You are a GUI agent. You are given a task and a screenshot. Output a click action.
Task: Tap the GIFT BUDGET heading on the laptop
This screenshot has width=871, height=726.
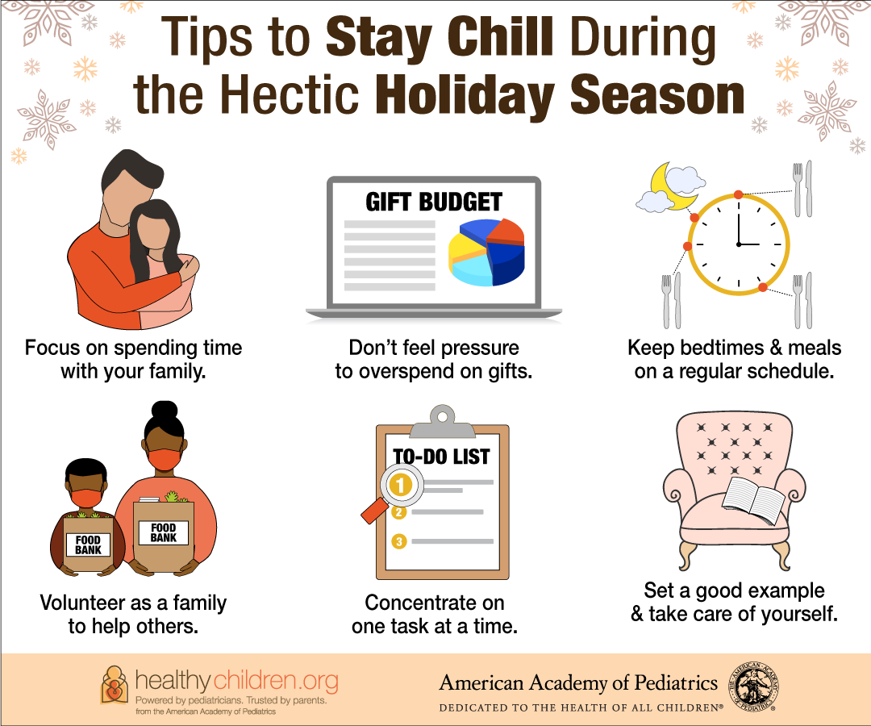point(434,202)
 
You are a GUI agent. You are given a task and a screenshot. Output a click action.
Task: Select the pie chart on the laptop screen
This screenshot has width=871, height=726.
point(486,252)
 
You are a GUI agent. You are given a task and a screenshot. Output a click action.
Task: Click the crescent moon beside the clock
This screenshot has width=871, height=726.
point(671,187)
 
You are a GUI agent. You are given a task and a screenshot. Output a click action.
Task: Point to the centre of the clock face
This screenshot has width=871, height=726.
point(739,244)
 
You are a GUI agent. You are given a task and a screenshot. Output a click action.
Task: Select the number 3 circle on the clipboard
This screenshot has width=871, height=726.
point(399,541)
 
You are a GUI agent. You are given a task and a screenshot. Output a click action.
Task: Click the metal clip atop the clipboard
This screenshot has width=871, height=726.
point(442,422)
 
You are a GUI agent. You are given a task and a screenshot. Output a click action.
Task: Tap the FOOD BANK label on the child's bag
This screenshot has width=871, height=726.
point(89,545)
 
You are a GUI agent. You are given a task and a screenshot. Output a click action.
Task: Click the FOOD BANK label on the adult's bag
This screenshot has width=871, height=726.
point(163,532)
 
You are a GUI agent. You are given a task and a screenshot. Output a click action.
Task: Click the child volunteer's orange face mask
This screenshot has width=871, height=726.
point(86,499)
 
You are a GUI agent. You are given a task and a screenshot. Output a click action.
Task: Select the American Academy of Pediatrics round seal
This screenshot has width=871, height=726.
point(753,686)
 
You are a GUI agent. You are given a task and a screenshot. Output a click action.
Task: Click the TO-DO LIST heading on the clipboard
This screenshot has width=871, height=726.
point(442,457)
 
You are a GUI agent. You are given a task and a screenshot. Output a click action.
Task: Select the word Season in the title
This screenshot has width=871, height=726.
point(656,95)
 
